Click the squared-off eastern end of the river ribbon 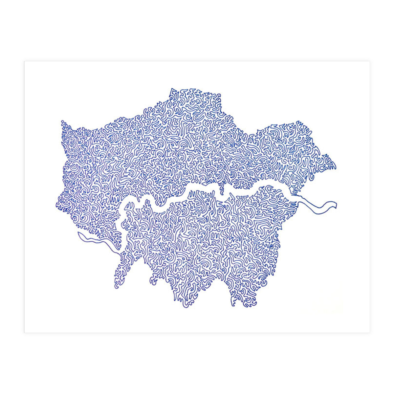coord(336,205)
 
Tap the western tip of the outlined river coord(78,234)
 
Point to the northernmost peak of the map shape coord(172,88)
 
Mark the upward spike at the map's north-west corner coord(62,121)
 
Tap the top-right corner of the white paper coord(369,61)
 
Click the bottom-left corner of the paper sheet coord(24,332)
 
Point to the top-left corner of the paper coord(24,61)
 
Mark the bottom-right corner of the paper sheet coord(369,332)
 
